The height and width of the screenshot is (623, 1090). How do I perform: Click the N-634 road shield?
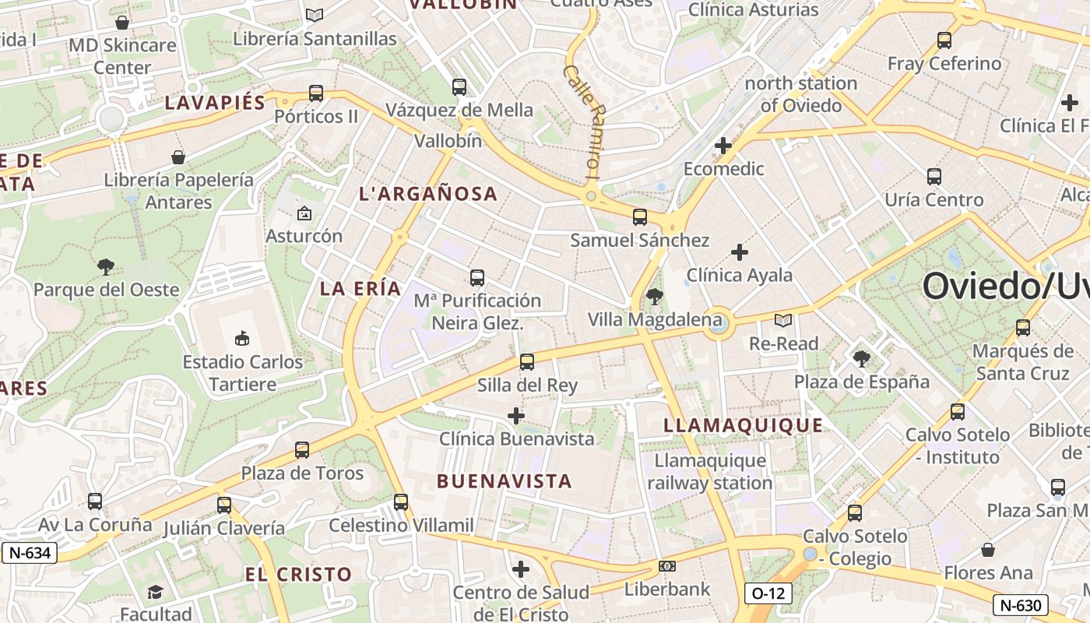(30, 553)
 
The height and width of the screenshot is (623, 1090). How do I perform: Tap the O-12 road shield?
(768, 593)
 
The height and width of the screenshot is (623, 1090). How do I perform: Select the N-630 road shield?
(1021, 605)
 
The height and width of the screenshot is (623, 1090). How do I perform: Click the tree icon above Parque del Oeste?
(106, 267)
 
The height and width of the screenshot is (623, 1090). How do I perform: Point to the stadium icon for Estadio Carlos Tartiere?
(242, 338)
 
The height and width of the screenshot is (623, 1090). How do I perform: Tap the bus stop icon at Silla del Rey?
(527, 361)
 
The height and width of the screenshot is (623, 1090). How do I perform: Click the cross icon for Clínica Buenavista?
(515, 416)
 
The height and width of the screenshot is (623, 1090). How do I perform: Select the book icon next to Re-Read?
(783, 320)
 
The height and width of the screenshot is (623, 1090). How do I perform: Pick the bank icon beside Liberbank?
(667, 566)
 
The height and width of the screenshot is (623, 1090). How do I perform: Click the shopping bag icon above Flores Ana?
(988, 550)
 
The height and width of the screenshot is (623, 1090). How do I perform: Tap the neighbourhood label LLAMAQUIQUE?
(743, 425)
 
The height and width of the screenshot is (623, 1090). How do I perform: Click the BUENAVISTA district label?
(505, 481)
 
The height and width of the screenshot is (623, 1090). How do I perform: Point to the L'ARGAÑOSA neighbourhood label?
(427, 194)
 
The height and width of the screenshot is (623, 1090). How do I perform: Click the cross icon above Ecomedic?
(723, 145)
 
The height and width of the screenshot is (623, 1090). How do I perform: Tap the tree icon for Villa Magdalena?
(655, 296)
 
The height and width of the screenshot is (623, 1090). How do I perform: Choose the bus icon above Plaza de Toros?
(302, 449)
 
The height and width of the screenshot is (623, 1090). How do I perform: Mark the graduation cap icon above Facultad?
(155, 592)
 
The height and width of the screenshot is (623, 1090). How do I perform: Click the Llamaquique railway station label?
(709, 472)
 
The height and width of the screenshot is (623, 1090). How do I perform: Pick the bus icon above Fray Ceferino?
(944, 40)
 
